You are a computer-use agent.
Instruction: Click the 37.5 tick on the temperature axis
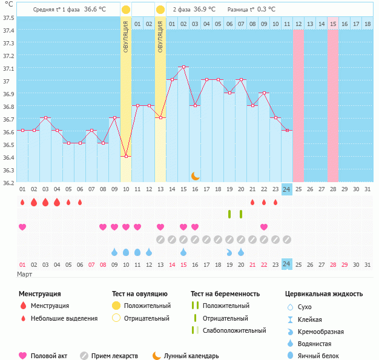(x=8, y=17)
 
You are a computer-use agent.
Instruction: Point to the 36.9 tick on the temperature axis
(x=8, y=94)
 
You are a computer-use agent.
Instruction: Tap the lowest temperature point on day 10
(x=126, y=156)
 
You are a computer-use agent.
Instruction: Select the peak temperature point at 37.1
(x=183, y=67)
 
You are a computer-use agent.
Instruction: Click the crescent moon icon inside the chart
(x=195, y=175)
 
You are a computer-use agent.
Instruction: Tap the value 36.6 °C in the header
(x=94, y=10)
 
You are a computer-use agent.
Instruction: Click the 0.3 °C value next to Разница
(x=266, y=10)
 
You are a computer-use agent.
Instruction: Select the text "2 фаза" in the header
(x=181, y=10)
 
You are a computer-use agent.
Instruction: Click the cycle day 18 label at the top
(x=367, y=24)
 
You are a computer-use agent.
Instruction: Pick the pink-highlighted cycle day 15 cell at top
(x=333, y=24)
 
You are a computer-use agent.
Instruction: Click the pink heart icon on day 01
(x=22, y=227)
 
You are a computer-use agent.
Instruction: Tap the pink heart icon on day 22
(x=264, y=227)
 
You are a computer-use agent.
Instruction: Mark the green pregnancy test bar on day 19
(x=229, y=214)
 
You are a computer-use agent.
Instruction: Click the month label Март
(x=25, y=274)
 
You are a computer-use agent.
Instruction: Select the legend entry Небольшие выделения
(x=64, y=318)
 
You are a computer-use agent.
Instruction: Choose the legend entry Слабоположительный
(x=234, y=330)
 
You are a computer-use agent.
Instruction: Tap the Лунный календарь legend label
(x=192, y=356)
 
